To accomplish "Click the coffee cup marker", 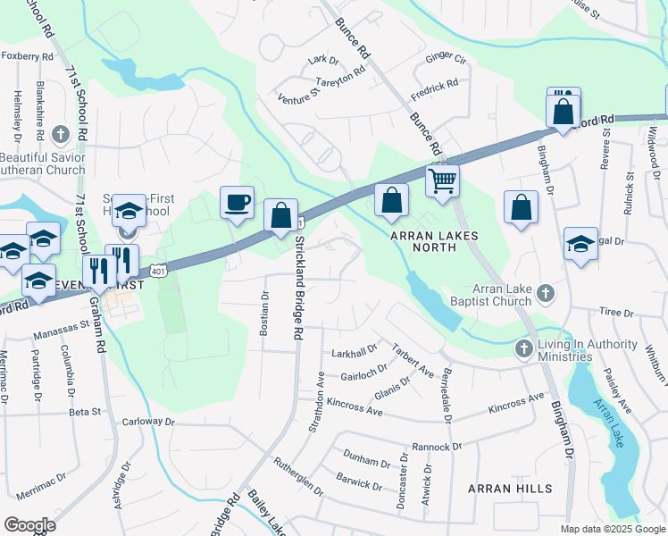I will click(x=237, y=203).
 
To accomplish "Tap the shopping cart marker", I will click(x=442, y=181).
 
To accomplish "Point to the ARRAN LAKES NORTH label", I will click(x=435, y=236).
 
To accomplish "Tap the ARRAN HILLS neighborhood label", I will click(x=510, y=489).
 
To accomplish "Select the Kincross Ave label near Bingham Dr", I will click(x=515, y=403).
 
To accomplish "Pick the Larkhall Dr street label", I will click(x=354, y=351).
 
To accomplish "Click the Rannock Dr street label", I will click(x=436, y=446).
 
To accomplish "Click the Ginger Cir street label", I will click(x=447, y=60).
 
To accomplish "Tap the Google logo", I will click(x=29, y=525).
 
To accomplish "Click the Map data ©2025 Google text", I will click(x=612, y=529).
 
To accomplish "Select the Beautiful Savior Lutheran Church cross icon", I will click(x=61, y=135).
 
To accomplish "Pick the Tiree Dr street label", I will click(x=616, y=313).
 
